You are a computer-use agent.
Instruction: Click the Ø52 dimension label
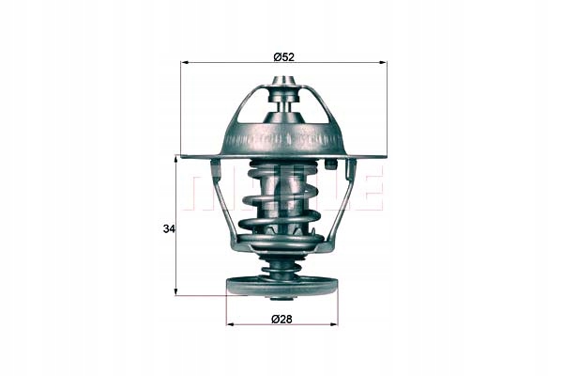click(283, 56)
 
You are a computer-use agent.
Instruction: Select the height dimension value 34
click(168, 228)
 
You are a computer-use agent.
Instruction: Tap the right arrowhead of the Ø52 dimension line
click(382, 63)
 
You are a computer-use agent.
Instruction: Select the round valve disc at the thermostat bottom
click(282, 285)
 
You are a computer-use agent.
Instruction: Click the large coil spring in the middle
click(282, 202)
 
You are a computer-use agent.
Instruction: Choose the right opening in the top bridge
click(312, 108)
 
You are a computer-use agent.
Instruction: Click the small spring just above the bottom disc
click(282, 268)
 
